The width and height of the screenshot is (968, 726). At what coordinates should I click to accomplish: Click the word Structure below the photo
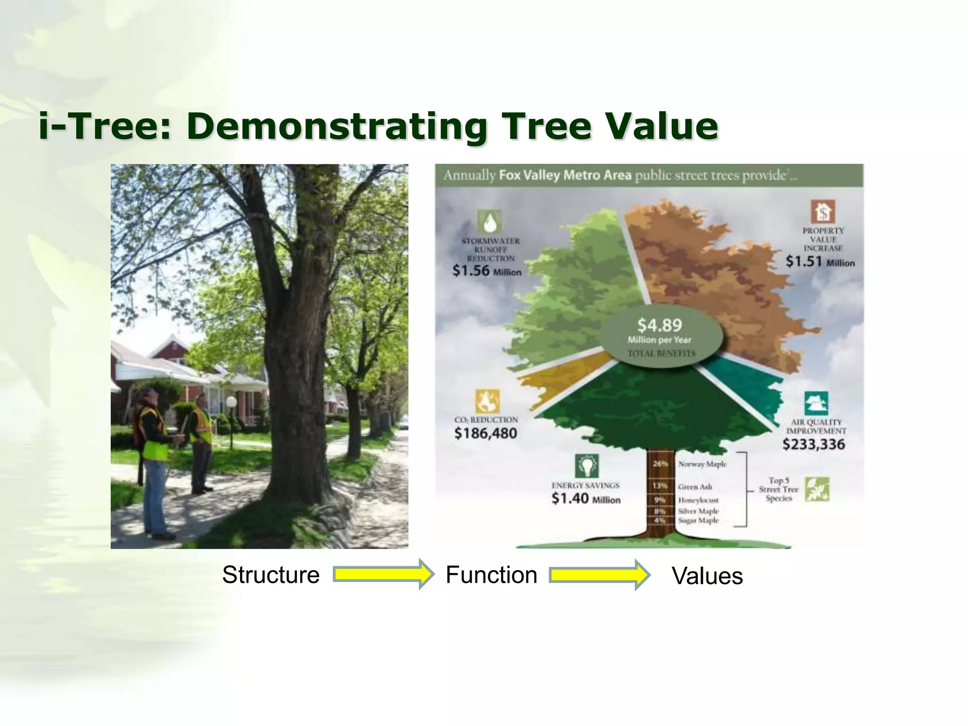click(271, 575)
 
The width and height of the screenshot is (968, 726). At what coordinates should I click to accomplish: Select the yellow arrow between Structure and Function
click(383, 574)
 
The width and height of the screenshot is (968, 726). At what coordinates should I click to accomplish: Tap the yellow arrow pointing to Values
click(599, 575)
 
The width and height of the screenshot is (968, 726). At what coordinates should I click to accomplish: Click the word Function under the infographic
click(491, 575)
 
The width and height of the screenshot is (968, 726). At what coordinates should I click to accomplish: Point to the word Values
click(707, 576)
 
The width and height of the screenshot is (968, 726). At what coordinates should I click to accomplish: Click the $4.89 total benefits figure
click(660, 325)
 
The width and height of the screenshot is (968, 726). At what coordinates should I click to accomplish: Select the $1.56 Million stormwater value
click(487, 271)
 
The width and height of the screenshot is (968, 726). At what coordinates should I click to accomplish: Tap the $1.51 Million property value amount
click(820, 261)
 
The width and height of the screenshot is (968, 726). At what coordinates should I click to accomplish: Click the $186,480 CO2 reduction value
click(485, 433)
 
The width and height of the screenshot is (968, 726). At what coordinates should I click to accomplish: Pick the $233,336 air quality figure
click(813, 444)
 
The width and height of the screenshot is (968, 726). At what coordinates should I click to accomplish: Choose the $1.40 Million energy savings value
click(586, 499)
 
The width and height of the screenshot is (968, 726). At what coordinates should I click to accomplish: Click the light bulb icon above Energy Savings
click(587, 466)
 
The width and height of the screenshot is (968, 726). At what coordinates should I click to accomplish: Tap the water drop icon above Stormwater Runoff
click(489, 221)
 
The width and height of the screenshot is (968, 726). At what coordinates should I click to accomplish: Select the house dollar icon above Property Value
click(823, 211)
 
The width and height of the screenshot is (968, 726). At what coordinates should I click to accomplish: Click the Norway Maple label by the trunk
click(702, 464)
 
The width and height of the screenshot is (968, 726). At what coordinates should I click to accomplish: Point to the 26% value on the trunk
click(660, 464)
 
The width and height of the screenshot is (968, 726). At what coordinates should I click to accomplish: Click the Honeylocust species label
click(698, 500)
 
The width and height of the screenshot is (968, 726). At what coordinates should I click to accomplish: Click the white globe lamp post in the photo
click(231, 402)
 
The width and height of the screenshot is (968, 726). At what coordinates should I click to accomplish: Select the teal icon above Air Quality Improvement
click(816, 404)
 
